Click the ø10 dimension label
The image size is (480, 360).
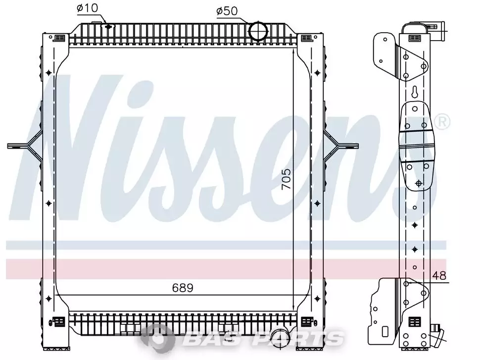point(87,8)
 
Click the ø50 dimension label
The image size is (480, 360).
point(227,11)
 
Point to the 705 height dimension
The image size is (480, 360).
point(286,179)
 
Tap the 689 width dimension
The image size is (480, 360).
point(183,288)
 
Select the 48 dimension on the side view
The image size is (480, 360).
point(439,276)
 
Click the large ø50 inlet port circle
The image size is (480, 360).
point(258,31)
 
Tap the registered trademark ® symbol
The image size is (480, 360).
point(442,122)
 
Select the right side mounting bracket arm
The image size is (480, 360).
point(341,146)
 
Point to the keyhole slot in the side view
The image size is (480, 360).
point(415,92)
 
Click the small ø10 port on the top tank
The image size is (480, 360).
point(108,27)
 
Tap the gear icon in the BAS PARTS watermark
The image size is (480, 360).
point(158,338)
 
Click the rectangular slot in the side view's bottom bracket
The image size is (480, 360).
point(385,331)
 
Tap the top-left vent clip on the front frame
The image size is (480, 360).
point(59,38)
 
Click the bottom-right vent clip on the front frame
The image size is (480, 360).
point(306,322)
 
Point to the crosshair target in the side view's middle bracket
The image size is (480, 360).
point(419,183)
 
